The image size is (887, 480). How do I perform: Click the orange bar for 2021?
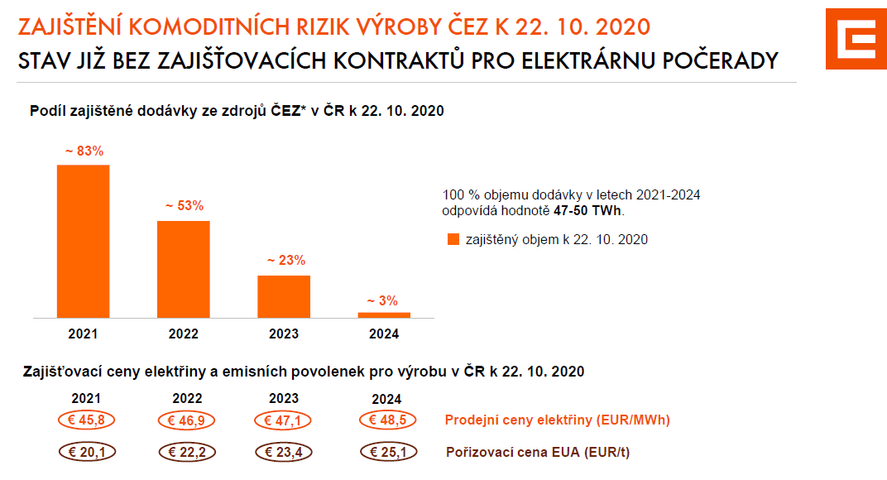tap(83, 241)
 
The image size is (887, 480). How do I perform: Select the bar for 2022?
tap(184, 269)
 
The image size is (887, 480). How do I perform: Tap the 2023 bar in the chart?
tap(284, 296)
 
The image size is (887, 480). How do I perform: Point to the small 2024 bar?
tap(384, 314)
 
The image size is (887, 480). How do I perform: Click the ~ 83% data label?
tap(84, 151)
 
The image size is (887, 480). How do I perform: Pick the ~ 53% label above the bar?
tap(184, 206)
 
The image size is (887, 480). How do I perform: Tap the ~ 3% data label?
tap(384, 300)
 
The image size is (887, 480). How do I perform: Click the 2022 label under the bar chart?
tap(184, 334)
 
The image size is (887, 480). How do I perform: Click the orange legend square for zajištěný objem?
tap(453, 240)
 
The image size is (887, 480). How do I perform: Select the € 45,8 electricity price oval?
tap(87, 420)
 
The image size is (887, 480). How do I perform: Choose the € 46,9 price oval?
tap(187, 420)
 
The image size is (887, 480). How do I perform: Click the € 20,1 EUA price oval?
tap(87, 453)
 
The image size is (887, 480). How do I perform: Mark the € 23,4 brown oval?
tap(284, 453)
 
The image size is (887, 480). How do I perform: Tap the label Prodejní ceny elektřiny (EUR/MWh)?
tap(557, 420)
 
